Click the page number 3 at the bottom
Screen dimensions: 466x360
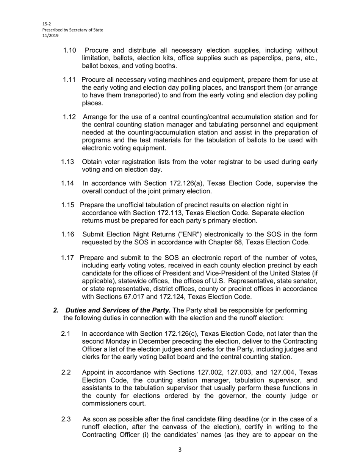tap(180, 450)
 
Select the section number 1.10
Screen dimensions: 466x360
tap(70, 50)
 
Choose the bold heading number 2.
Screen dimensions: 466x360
tap(56, 310)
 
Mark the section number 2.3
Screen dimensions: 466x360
tap(66, 419)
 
